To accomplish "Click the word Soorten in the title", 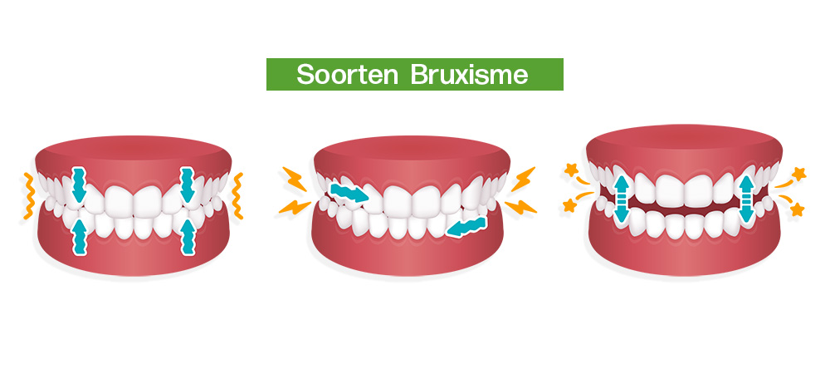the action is point(347,75).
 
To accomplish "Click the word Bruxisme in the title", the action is point(469,75).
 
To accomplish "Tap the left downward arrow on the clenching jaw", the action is point(79,185).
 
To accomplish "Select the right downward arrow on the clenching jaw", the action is point(188,185).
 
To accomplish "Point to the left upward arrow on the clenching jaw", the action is point(79,237).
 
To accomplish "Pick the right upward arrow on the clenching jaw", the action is point(188,237).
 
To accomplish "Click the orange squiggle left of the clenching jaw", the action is point(28,195).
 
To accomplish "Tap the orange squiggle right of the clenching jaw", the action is point(237,195).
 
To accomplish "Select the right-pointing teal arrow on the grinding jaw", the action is point(349,193).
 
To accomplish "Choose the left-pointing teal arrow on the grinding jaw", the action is point(466,227).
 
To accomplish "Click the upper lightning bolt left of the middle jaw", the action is point(295,180).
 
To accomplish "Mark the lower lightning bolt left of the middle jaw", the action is point(295,207).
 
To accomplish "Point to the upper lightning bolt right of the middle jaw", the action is point(523,180).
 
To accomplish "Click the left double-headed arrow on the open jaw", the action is point(622,199).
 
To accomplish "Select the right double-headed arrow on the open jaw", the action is point(746,199).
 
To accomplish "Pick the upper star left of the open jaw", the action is point(571,170).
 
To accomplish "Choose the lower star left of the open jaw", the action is point(569,205).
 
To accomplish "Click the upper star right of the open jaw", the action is point(798,174).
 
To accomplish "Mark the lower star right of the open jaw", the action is point(797,210).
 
